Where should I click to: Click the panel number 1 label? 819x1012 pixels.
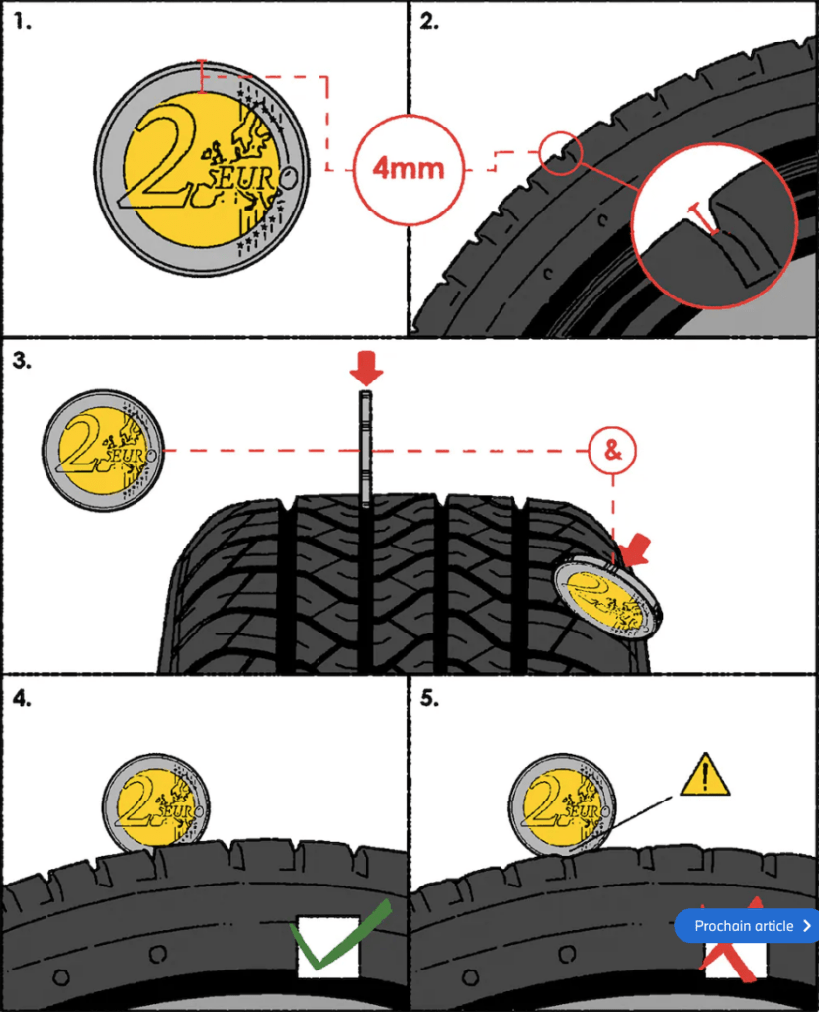[22, 22]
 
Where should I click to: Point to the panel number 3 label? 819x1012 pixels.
[22, 360]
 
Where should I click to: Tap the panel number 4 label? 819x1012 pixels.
[22, 697]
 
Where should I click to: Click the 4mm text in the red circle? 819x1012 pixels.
[409, 167]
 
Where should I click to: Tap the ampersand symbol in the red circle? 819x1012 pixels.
[612, 451]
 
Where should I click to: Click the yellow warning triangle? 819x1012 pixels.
[704, 776]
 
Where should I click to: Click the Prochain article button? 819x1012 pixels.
[747, 926]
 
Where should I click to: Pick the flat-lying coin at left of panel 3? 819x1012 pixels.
[103, 452]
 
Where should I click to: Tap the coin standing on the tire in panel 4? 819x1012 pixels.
[158, 802]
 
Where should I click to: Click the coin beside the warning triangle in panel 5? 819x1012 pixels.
[562, 803]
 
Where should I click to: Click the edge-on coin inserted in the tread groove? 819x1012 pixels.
[364, 447]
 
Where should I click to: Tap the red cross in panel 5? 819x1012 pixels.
[732, 939]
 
